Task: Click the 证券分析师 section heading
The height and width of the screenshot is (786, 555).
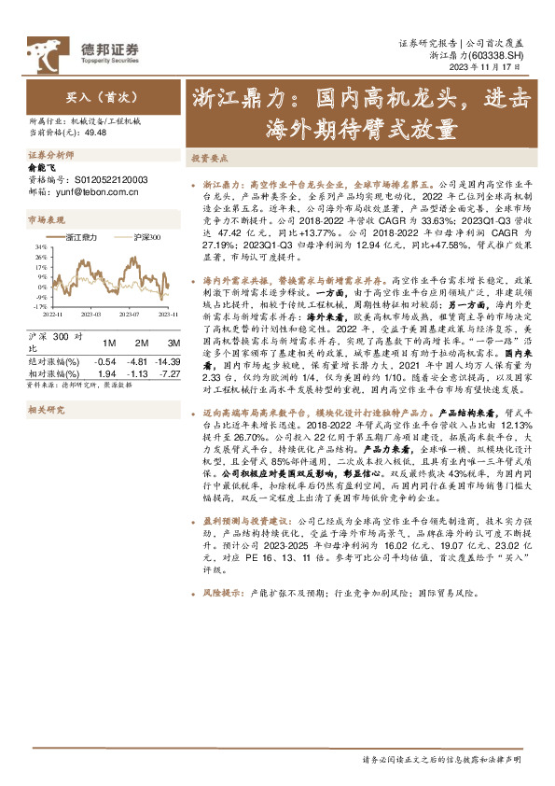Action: click(51, 154)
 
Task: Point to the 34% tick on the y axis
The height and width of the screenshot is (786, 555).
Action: click(41, 246)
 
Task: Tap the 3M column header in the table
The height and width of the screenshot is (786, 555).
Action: click(169, 342)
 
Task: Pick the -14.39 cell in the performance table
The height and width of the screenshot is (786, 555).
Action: click(169, 360)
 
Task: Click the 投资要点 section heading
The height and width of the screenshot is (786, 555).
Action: click(210, 159)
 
